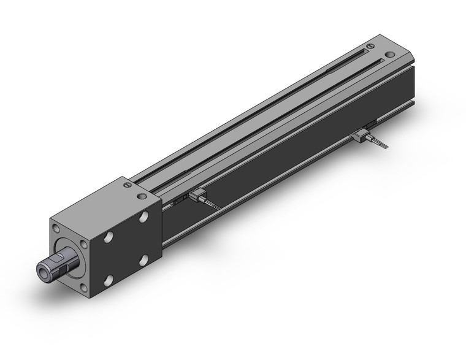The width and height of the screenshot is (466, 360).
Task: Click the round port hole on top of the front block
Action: [x=143, y=197]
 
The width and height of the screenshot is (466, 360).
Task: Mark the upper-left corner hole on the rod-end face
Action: [x=56, y=229]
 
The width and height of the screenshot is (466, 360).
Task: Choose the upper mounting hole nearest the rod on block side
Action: [x=110, y=237]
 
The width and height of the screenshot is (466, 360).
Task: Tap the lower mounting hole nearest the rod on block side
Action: [x=109, y=281]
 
